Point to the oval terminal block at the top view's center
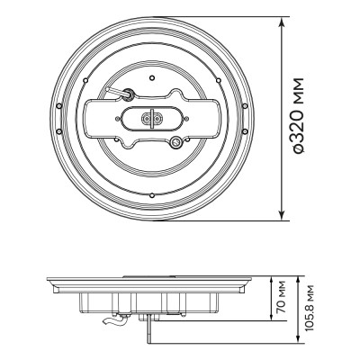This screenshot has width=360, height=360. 151,118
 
